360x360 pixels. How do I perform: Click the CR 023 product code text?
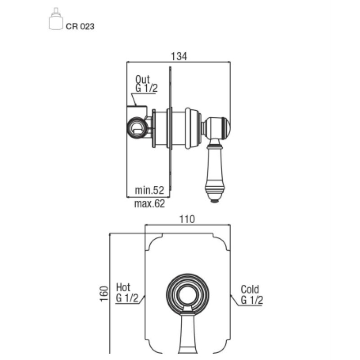(x=80, y=27)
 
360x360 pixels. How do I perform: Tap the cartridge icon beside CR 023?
(x=56, y=19)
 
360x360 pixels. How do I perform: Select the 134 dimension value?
(x=179, y=56)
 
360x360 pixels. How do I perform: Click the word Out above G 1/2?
(x=142, y=80)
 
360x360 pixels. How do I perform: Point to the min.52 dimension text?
(x=149, y=190)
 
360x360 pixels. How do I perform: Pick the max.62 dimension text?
(x=149, y=204)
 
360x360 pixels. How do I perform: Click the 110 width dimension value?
(x=187, y=219)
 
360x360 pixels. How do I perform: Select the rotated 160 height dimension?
(x=104, y=293)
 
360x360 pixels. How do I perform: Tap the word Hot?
(x=123, y=287)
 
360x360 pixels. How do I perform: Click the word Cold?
(x=250, y=289)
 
